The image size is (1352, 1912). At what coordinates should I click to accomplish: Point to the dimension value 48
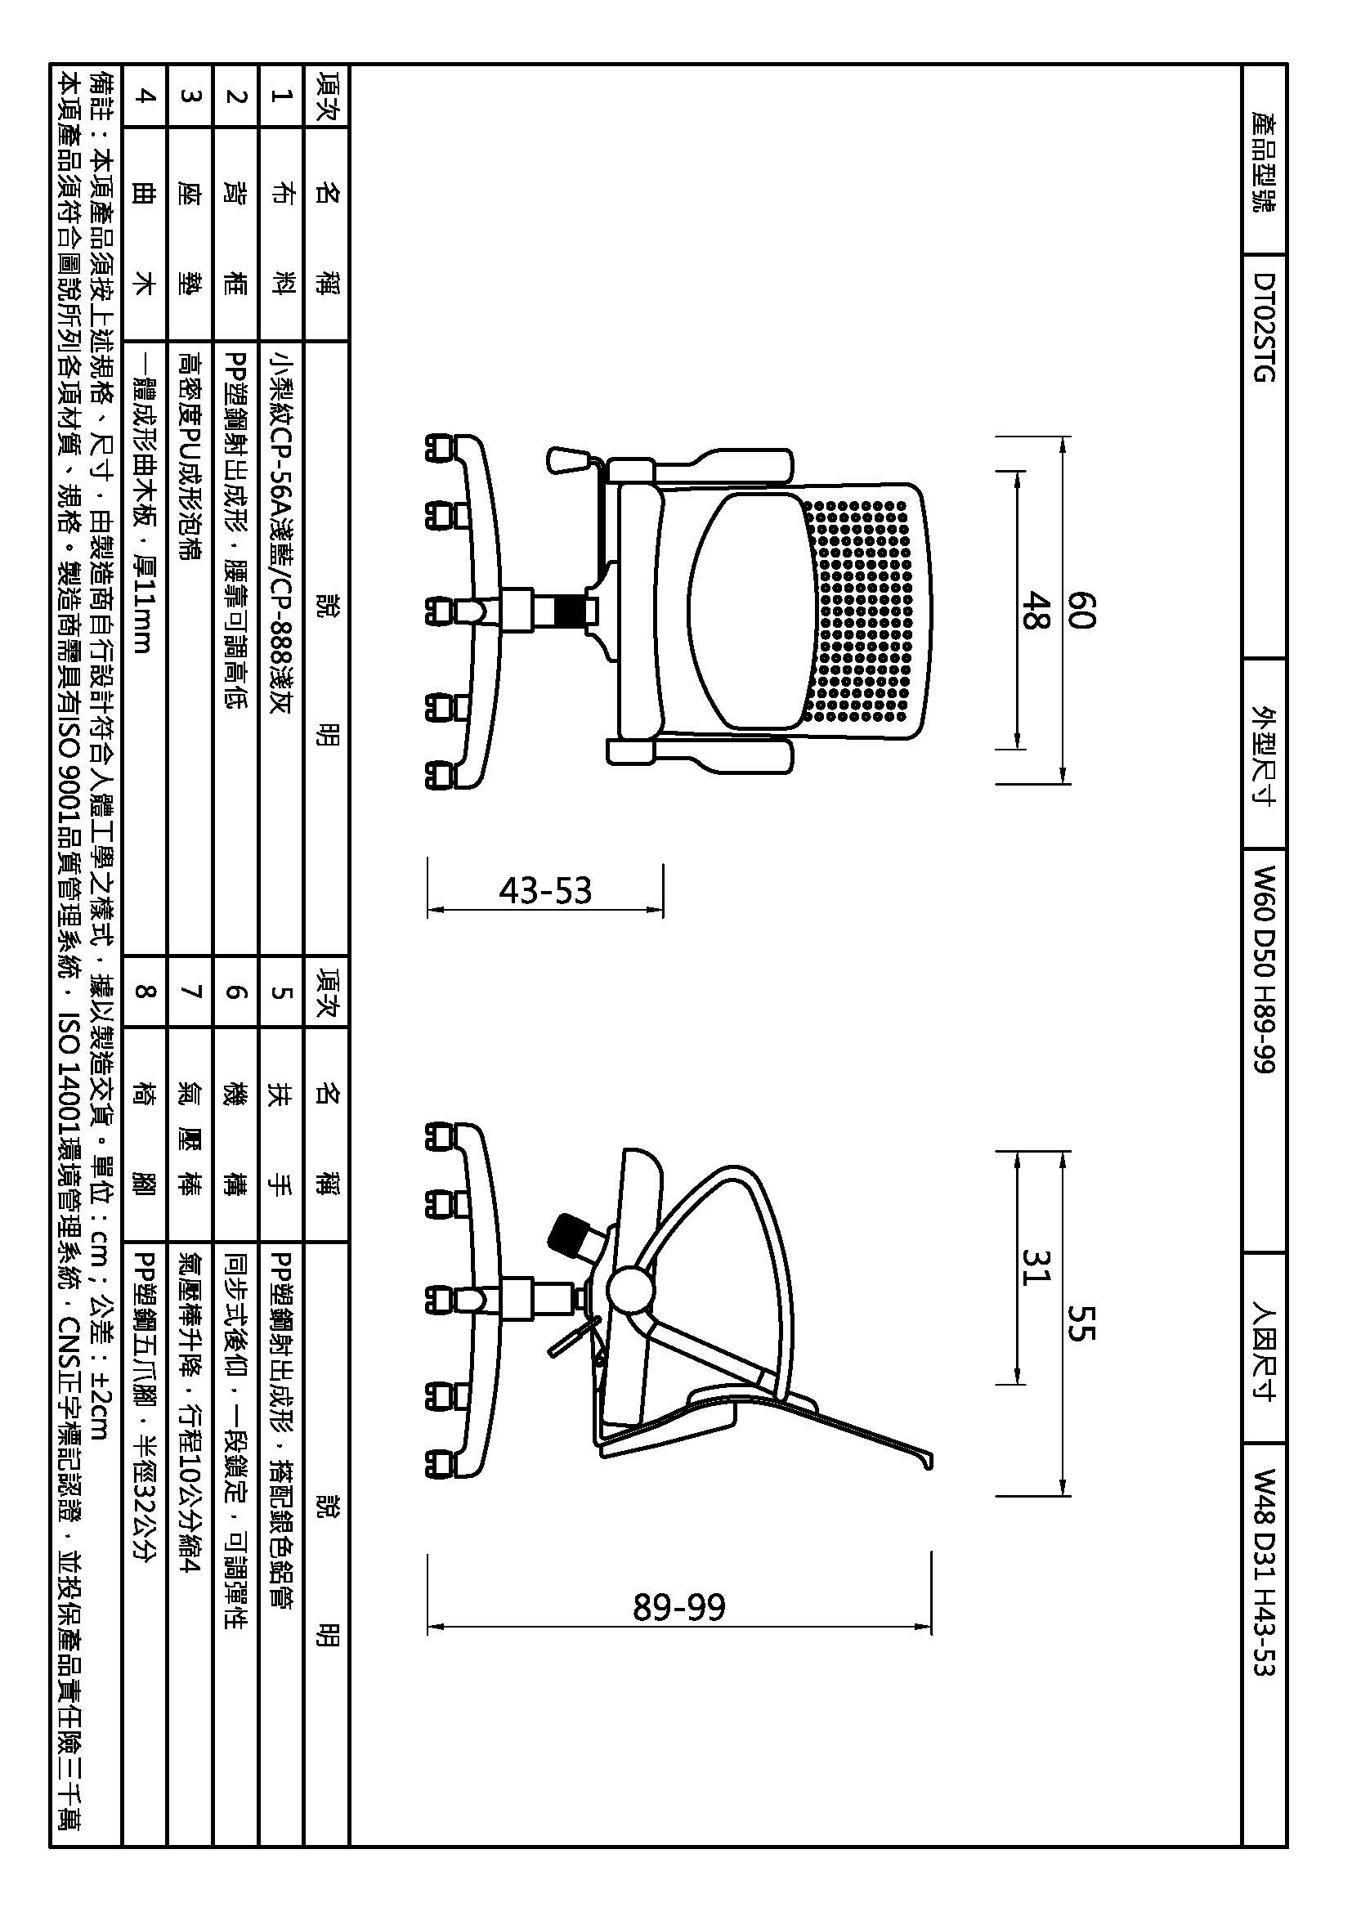click(1033, 611)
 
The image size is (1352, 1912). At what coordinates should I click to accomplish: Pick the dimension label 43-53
click(545, 891)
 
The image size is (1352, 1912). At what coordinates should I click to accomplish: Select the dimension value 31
click(1033, 1266)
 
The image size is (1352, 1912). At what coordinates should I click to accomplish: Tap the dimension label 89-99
click(679, 1606)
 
